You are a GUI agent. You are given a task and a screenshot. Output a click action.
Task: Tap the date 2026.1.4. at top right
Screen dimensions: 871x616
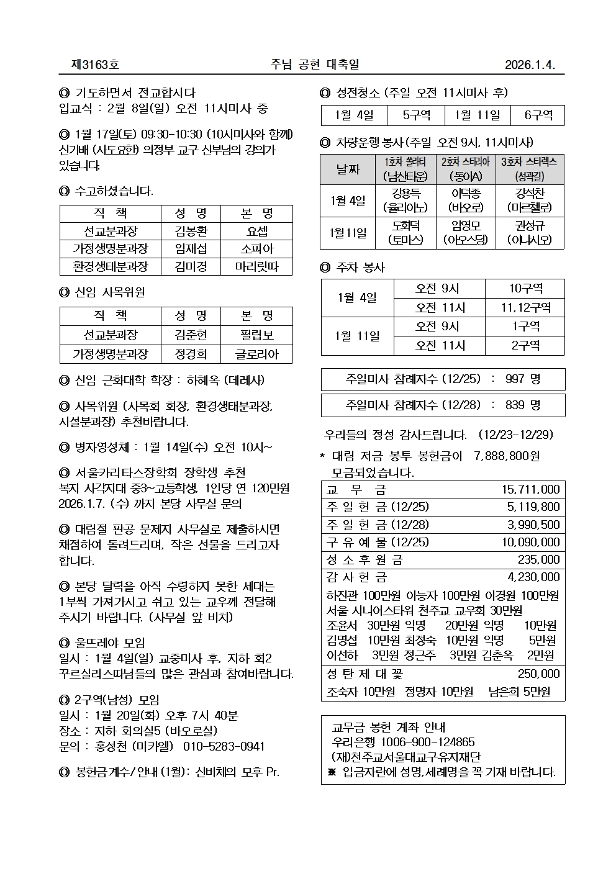529,65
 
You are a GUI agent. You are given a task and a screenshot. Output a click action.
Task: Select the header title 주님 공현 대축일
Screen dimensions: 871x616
315,65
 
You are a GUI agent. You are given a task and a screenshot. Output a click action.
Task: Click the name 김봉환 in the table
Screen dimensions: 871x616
191,232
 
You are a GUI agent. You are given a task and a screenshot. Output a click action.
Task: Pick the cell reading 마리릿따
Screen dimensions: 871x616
256,267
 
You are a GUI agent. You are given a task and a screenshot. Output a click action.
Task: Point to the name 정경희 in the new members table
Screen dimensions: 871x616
191,354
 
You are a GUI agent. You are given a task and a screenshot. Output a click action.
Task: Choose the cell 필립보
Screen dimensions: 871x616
256,335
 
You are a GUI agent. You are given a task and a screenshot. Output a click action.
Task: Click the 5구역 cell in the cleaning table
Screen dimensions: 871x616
416,115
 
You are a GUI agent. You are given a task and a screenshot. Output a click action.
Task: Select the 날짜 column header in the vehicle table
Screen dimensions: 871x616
348,169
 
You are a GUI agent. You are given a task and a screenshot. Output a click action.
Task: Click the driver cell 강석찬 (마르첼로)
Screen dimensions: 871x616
530,201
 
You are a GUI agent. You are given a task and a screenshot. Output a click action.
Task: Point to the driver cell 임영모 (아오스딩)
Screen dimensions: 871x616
466,233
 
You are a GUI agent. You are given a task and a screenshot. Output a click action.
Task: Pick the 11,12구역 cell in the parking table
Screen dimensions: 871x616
525,307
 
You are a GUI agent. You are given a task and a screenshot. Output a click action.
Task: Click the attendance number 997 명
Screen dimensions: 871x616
523,379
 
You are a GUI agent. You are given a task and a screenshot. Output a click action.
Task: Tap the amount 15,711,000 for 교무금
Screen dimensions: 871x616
530,490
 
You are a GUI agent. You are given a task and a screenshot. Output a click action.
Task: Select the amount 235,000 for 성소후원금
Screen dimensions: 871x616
538,559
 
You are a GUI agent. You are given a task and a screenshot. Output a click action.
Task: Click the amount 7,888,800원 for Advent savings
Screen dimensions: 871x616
506,456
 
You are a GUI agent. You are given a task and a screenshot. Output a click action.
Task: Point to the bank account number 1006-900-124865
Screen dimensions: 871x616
427,742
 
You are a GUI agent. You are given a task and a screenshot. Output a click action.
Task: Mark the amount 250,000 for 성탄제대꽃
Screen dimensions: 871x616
538,674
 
